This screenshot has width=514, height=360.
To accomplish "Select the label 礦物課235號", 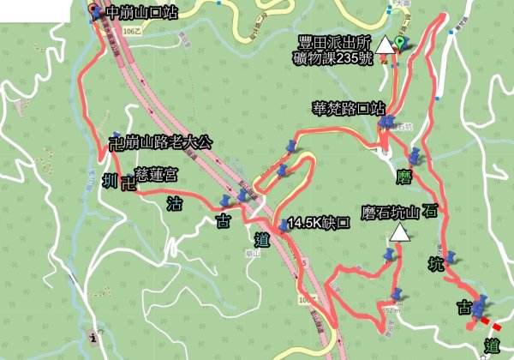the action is [x=340, y=58].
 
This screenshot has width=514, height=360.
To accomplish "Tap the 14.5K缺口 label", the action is [x=320, y=222].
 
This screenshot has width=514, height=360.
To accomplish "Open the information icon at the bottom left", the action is [x=92, y=336].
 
